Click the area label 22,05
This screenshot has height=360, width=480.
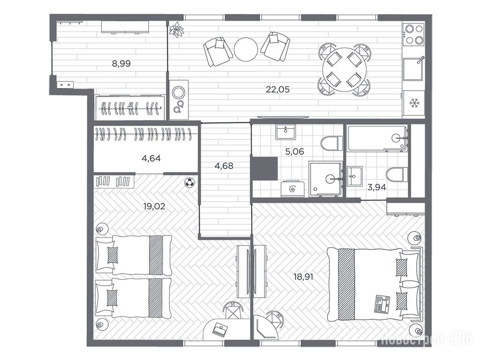click(277, 90)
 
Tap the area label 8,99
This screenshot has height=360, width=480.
click(121, 64)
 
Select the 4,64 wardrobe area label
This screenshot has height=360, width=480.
click(151, 158)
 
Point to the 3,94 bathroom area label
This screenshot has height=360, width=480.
click(376, 187)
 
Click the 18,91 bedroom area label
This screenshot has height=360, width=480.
click(303, 277)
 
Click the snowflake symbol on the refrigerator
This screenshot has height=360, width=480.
click(414, 104)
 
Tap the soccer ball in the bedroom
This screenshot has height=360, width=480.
click(190, 183)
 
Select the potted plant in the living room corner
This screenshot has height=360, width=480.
click(176, 30)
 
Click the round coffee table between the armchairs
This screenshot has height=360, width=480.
click(246, 49)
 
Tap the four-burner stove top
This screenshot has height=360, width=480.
click(414, 34)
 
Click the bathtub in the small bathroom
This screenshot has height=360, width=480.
click(377, 138)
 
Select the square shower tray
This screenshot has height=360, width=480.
click(325, 179)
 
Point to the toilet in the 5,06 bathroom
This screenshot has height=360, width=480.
click(332, 143)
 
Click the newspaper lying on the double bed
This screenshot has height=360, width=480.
click(382, 303)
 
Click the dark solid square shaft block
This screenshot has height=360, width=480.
click(264, 168)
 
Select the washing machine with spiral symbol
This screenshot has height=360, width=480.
click(293, 188)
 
